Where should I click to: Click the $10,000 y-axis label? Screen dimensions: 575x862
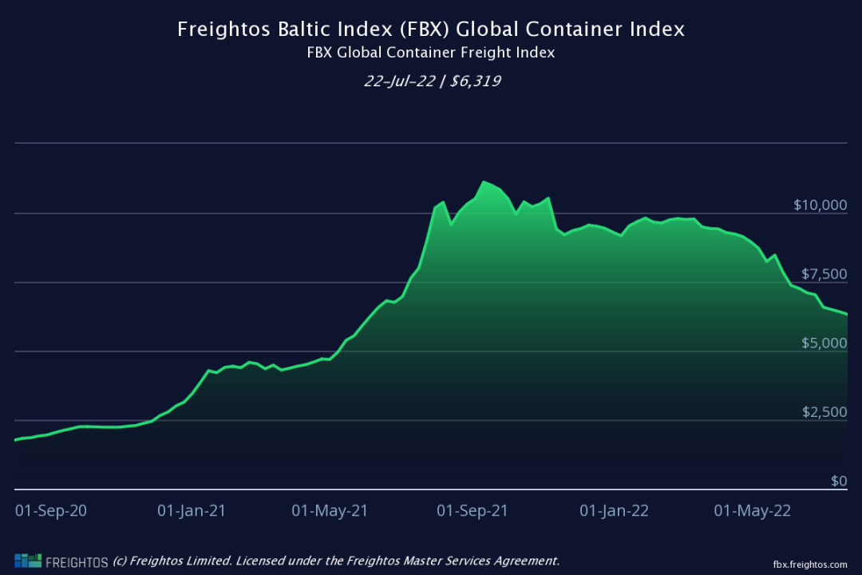(x=820, y=205)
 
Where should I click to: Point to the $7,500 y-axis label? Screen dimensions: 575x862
(x=824, y=275)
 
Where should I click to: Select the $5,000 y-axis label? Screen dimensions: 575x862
(x=824, y=343)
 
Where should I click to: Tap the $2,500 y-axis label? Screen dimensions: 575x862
(x=824, y=412)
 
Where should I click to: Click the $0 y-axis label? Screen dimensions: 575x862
(x=839, y=481)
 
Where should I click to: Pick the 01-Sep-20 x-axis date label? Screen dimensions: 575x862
(x=51, y=511)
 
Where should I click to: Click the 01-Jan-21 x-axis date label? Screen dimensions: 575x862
(x=192, y=511)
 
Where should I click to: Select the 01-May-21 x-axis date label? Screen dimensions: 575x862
(x=330, y=511)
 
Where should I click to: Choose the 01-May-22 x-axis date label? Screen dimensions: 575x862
(x=753, y=511)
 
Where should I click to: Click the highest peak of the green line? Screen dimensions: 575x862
(x=484, y=182)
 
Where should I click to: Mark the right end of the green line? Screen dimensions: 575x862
(x=847, y=315)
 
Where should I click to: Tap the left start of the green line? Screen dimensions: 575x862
(x=15, y=440)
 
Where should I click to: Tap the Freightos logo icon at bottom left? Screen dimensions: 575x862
(x=28, y=561)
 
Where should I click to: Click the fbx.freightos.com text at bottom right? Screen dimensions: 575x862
(x=809, y=564)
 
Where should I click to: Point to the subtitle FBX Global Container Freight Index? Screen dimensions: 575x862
(x=431, y=53)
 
